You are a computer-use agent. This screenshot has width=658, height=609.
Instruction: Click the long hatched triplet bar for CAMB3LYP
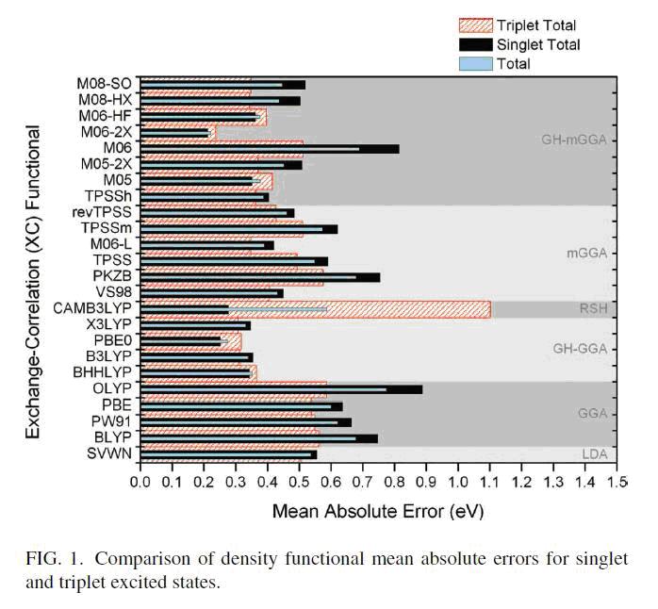click(x=405, y=304)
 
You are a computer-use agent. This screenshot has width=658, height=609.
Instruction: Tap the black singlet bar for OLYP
click(x=396, y=388)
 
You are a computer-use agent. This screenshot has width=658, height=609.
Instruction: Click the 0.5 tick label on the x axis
click(x=299, y=482)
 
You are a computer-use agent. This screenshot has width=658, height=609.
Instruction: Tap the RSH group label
click(x=593, y=308)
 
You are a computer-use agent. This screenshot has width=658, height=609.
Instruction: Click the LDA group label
click(x=594, y=454)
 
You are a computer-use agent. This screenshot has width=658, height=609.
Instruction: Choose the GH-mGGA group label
click(x=572, y=140)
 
